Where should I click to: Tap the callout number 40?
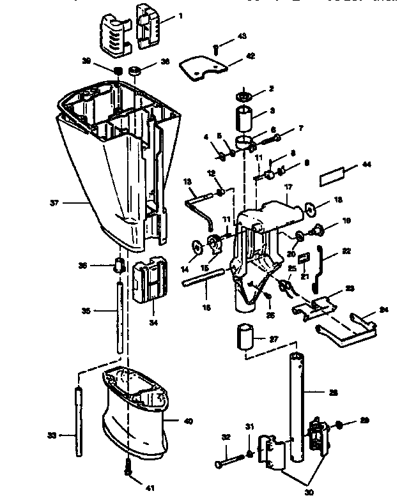pos(188,421)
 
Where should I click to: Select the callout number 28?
pos(334,393)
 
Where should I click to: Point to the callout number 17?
pos(288,187)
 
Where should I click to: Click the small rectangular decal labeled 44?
pos(334,173)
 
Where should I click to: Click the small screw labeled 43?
pos(216,49)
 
